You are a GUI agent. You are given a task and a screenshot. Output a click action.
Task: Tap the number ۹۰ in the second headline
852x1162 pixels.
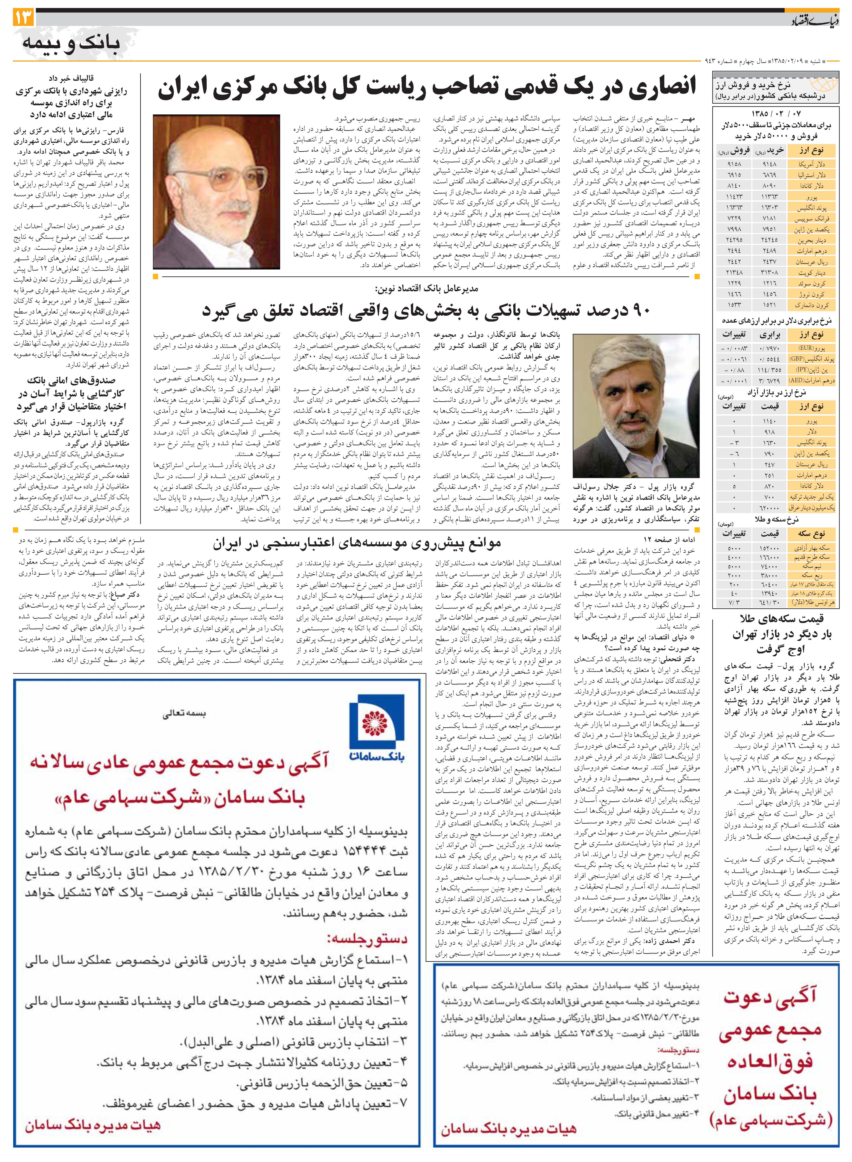point(639,311)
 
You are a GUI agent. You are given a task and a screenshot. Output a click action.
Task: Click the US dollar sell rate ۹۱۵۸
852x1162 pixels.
point(734,164)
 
